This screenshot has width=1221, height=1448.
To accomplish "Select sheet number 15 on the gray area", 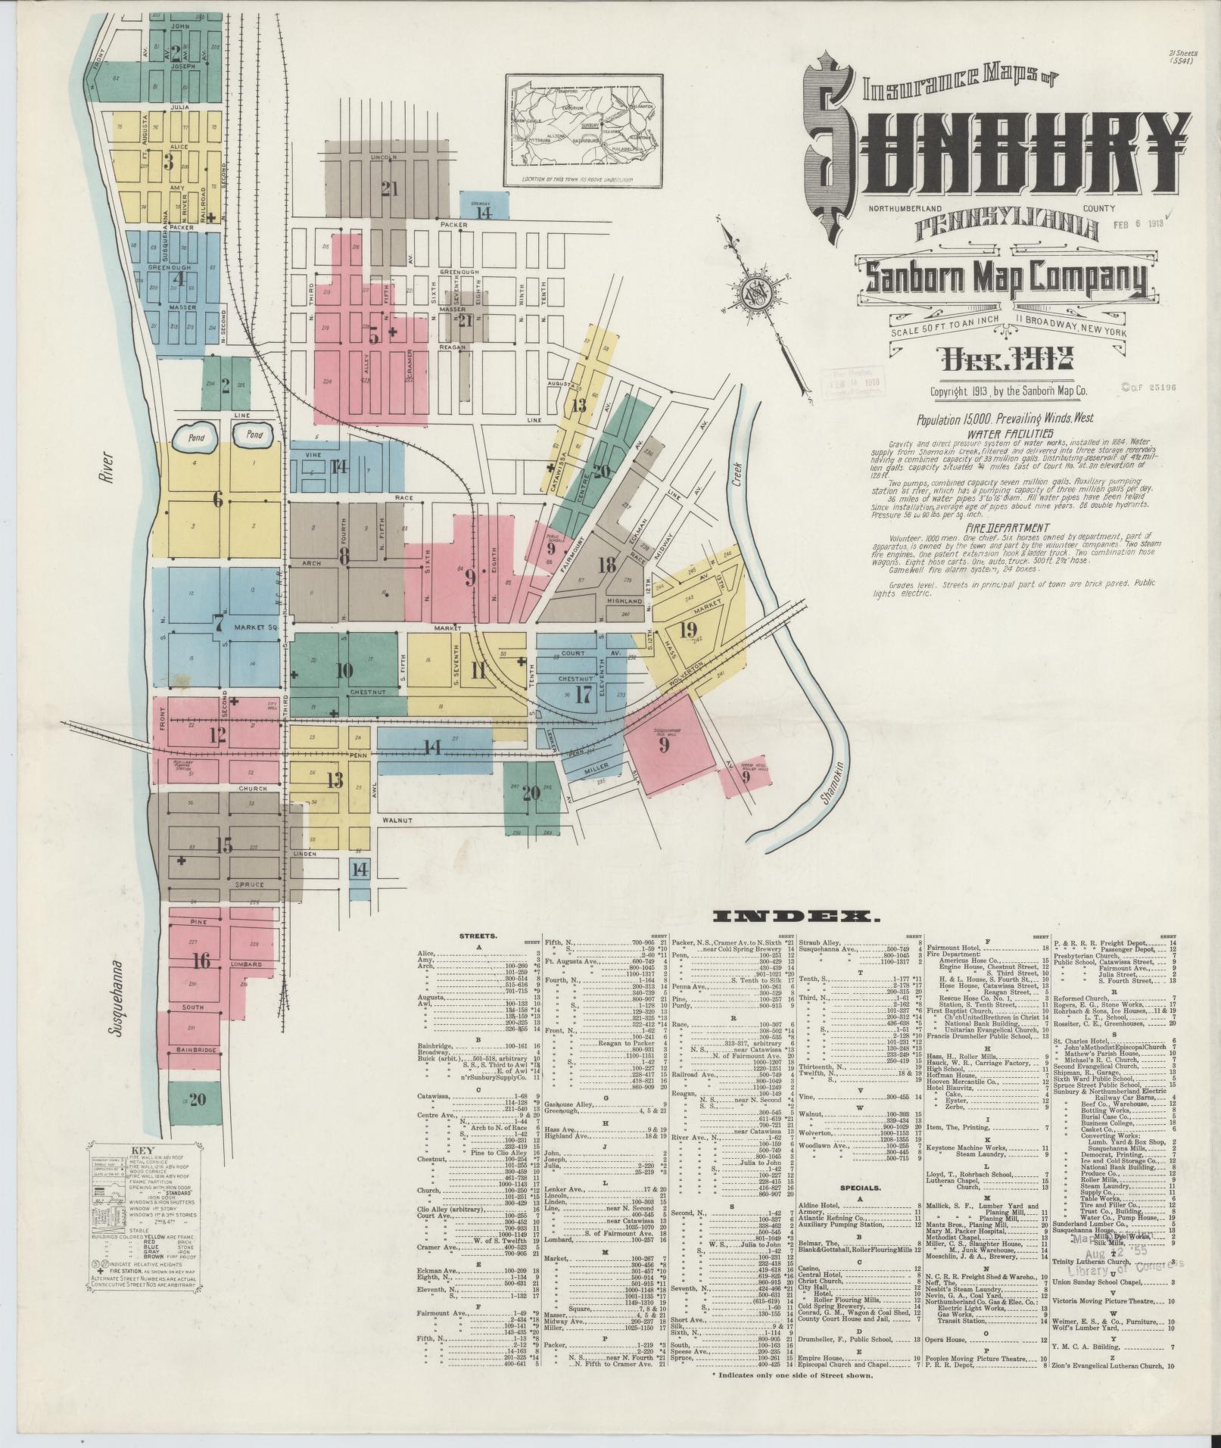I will tap(223, 845).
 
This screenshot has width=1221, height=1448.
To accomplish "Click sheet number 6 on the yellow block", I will tap(218, 498).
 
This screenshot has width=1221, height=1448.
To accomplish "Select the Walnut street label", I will tap(397, 820).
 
